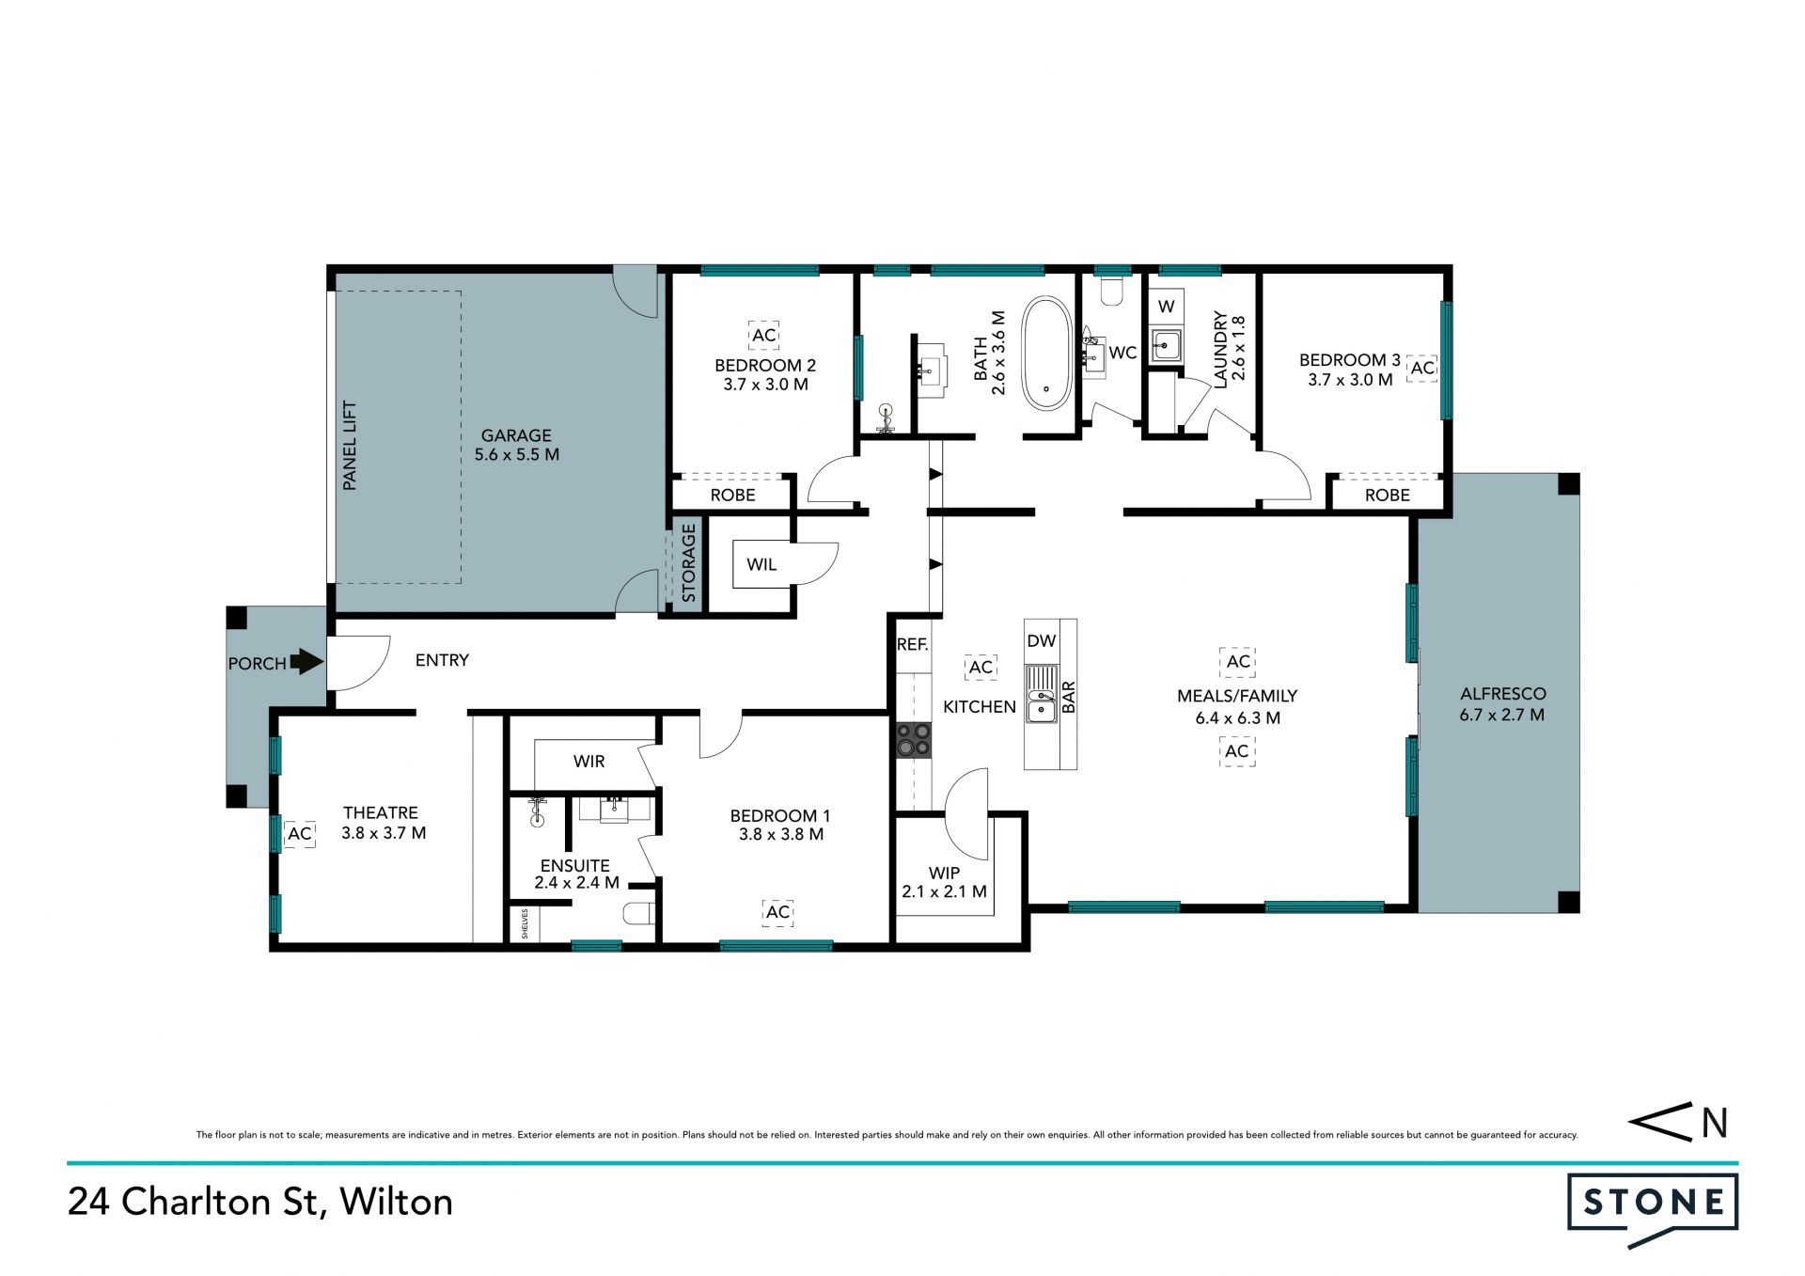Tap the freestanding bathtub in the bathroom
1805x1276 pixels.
pyautogui.click(x=1046, y=354)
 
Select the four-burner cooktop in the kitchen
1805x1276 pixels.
pyautogui.click(x=914, y=739)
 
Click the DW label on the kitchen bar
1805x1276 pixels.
pyautogui.click(x=1041, y=641)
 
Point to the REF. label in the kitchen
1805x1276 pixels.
pyautogui.click(x=912, y=644)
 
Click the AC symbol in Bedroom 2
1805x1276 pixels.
pyautogui.click(x=764, y=335)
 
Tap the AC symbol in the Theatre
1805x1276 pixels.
pyautogui.click(x=300, y=833)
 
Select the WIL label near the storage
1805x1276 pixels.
pyautogui.click(x=761, y=564)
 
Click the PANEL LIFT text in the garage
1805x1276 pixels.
pyautogui.click(x=350, y=445)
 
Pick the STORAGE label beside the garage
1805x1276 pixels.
pyautogui.click(x=688, y=563)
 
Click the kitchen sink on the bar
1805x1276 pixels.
pyautogui.click(x=1042, y=694)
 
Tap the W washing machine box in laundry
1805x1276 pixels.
pyautogui.click(x=1166, y=307)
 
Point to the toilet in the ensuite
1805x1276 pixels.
pyautogui.click(x=640, y=913)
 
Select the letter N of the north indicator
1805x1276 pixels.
pyautogui.click(x=1715, y=1123)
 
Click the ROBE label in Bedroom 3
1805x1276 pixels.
pyautogui.click(x=1387, y=496)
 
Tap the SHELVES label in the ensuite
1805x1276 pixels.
pyautogui.click(x=525, y=923)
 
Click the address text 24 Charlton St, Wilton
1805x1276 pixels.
pyautogui.click(x=260, y=1203)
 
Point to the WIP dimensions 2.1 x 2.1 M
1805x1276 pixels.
pyautogui.click(x=944, y=891)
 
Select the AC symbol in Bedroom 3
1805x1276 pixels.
pyautogui.click(x=1422, y=368)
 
